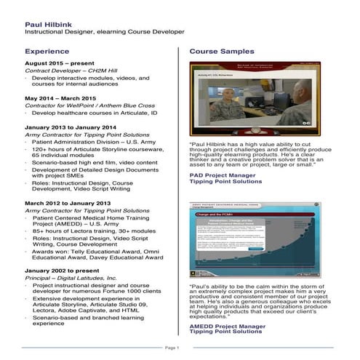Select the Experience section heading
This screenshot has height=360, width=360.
[x=48, y=52]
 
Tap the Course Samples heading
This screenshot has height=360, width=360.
[x=222, y=52]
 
